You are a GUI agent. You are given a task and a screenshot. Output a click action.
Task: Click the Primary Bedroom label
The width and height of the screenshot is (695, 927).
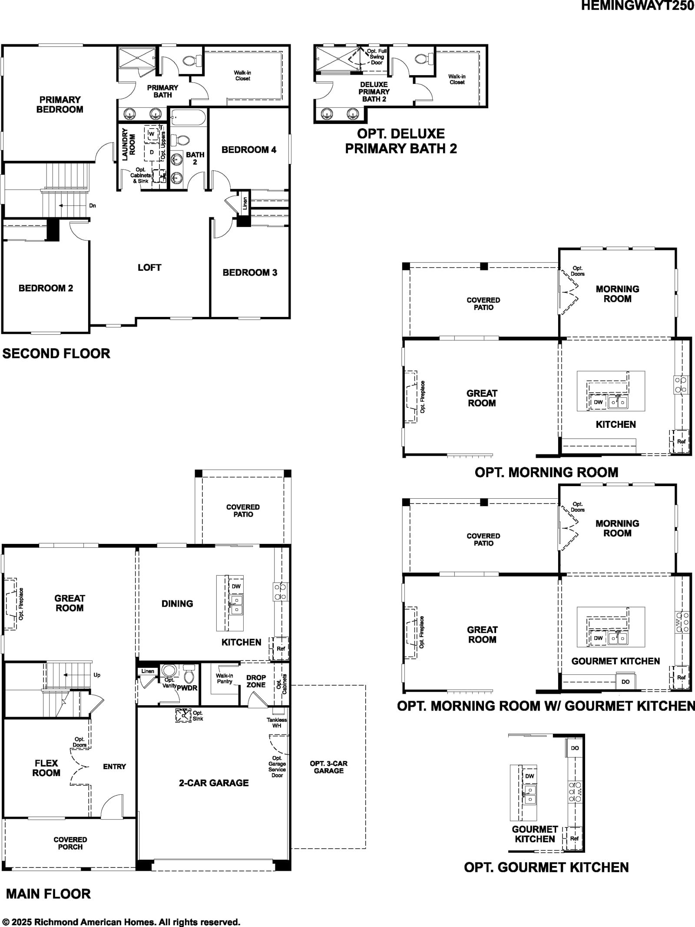coord(60,105)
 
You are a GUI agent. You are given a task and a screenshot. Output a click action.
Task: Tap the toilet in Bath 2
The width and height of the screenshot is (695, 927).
coord(180,140)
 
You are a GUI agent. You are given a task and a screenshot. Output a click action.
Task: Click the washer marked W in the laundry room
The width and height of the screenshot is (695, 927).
coord(152,134)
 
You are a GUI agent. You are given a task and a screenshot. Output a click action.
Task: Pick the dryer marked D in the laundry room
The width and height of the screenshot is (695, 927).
coord(152,152)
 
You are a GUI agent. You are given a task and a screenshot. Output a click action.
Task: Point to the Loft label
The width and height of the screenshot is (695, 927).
coord(149,267)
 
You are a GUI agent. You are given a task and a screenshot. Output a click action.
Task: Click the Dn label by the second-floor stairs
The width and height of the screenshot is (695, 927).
coord(93,206)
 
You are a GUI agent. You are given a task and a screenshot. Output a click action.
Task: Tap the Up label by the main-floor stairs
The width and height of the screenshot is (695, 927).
coord(97,675)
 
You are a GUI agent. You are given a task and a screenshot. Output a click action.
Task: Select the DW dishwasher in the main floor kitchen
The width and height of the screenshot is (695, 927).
coord(236,586)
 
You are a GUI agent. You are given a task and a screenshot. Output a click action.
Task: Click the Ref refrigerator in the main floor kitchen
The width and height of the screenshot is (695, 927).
coord(281,649)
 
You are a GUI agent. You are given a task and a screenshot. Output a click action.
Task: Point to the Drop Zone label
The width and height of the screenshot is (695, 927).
coord(256,681)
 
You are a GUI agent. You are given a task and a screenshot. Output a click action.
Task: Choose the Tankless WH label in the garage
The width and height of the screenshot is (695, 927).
coord(277,723)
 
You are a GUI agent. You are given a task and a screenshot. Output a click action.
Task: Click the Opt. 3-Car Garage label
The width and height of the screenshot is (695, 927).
coord(329,767)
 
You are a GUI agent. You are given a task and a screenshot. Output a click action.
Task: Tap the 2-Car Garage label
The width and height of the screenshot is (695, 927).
coord(214,783)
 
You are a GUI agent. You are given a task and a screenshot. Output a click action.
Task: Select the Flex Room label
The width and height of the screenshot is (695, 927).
coord(46,768)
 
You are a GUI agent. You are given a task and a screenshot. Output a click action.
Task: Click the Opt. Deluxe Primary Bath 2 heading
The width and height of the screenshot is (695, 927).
coord(401,141)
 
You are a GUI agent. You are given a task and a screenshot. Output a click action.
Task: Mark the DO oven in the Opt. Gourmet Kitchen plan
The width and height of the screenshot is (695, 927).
coord(575,748)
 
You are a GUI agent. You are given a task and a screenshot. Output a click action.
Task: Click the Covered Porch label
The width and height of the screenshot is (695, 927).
coord(70,843)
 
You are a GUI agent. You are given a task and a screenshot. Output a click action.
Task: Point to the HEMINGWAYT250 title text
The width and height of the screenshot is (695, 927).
coord(638,6)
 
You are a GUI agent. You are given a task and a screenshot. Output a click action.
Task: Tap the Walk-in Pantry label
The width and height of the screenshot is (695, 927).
coord(225,679)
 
